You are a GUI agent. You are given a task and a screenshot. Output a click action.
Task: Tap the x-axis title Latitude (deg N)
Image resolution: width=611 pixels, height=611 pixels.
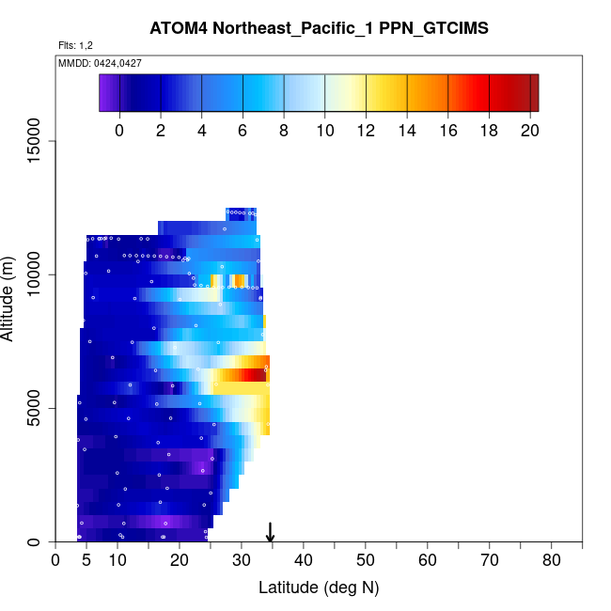coord(318,587)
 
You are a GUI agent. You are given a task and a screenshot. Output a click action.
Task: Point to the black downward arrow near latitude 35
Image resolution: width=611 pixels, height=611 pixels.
coord(271,532)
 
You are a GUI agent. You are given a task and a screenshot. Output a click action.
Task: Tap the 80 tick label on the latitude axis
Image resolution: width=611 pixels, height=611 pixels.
coord(551,561)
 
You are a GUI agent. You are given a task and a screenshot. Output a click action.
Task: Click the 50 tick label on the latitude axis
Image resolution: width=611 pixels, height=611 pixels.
coord(365,561)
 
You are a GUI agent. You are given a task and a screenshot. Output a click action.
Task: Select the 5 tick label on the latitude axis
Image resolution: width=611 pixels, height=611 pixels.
coord(86,561)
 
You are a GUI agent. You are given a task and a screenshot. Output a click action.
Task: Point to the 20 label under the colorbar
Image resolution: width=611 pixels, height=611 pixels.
coord(528,131)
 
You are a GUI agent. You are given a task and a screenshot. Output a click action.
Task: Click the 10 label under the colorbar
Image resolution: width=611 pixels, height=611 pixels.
coord(324,131)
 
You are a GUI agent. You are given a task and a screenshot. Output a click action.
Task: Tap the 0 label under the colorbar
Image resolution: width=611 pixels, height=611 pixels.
coord(119,131)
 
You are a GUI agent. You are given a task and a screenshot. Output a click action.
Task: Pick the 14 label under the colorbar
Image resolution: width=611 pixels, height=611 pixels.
coord(406,131)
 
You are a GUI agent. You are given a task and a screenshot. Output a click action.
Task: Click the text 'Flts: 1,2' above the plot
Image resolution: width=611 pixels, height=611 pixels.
coord(75,45)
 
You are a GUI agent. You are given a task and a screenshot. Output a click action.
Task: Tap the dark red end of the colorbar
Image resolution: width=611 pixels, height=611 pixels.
coord(532,93)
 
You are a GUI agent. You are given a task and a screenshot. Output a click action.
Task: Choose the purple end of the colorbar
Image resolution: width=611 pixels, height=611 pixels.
coord(105,93)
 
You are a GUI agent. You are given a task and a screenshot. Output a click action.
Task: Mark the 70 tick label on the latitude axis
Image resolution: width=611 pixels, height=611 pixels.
coord(489,561)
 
